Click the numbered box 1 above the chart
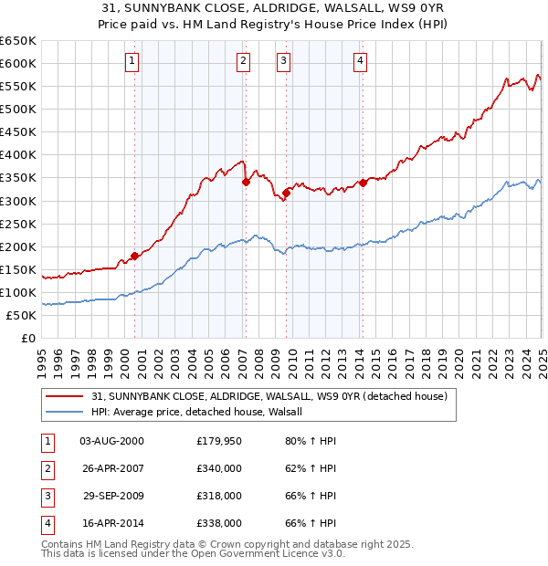coord(132,61)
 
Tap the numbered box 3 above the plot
coord(284,61)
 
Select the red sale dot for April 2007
coord(246,183)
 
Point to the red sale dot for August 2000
coord(134,256)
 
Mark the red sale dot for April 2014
coord(363,183)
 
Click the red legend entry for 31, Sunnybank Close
coord(269,396)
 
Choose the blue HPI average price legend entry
coord(203,412)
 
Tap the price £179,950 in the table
coord(219,441)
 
